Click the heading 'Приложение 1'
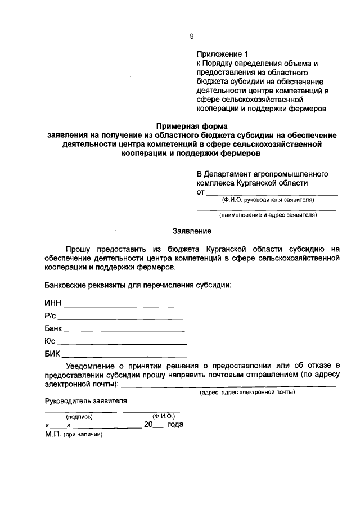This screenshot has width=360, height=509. tap(222, 54)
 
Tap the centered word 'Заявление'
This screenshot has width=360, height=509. tap(191, 231)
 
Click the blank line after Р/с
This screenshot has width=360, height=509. tap(121, 318)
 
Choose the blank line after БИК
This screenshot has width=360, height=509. tap(124, 355)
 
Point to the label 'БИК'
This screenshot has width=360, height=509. tap(52, 354)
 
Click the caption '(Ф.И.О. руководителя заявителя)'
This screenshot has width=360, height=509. tap(268, 200)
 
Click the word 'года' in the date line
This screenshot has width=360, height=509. tap(175, 425)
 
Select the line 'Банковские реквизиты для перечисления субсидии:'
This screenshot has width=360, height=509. tap(138, 285)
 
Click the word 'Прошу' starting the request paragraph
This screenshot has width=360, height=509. tap(77, 248)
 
